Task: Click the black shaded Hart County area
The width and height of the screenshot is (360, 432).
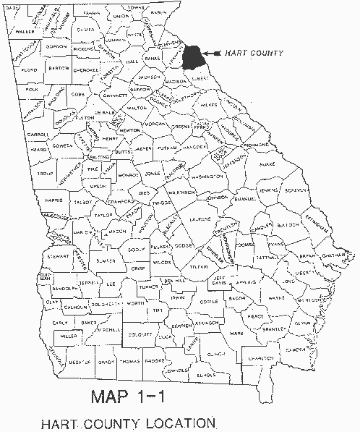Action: [193, 57]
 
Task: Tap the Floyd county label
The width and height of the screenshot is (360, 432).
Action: [29, 71]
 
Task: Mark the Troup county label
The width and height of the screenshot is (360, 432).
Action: [45, 176]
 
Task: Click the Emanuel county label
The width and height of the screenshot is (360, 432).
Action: [244, 198]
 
